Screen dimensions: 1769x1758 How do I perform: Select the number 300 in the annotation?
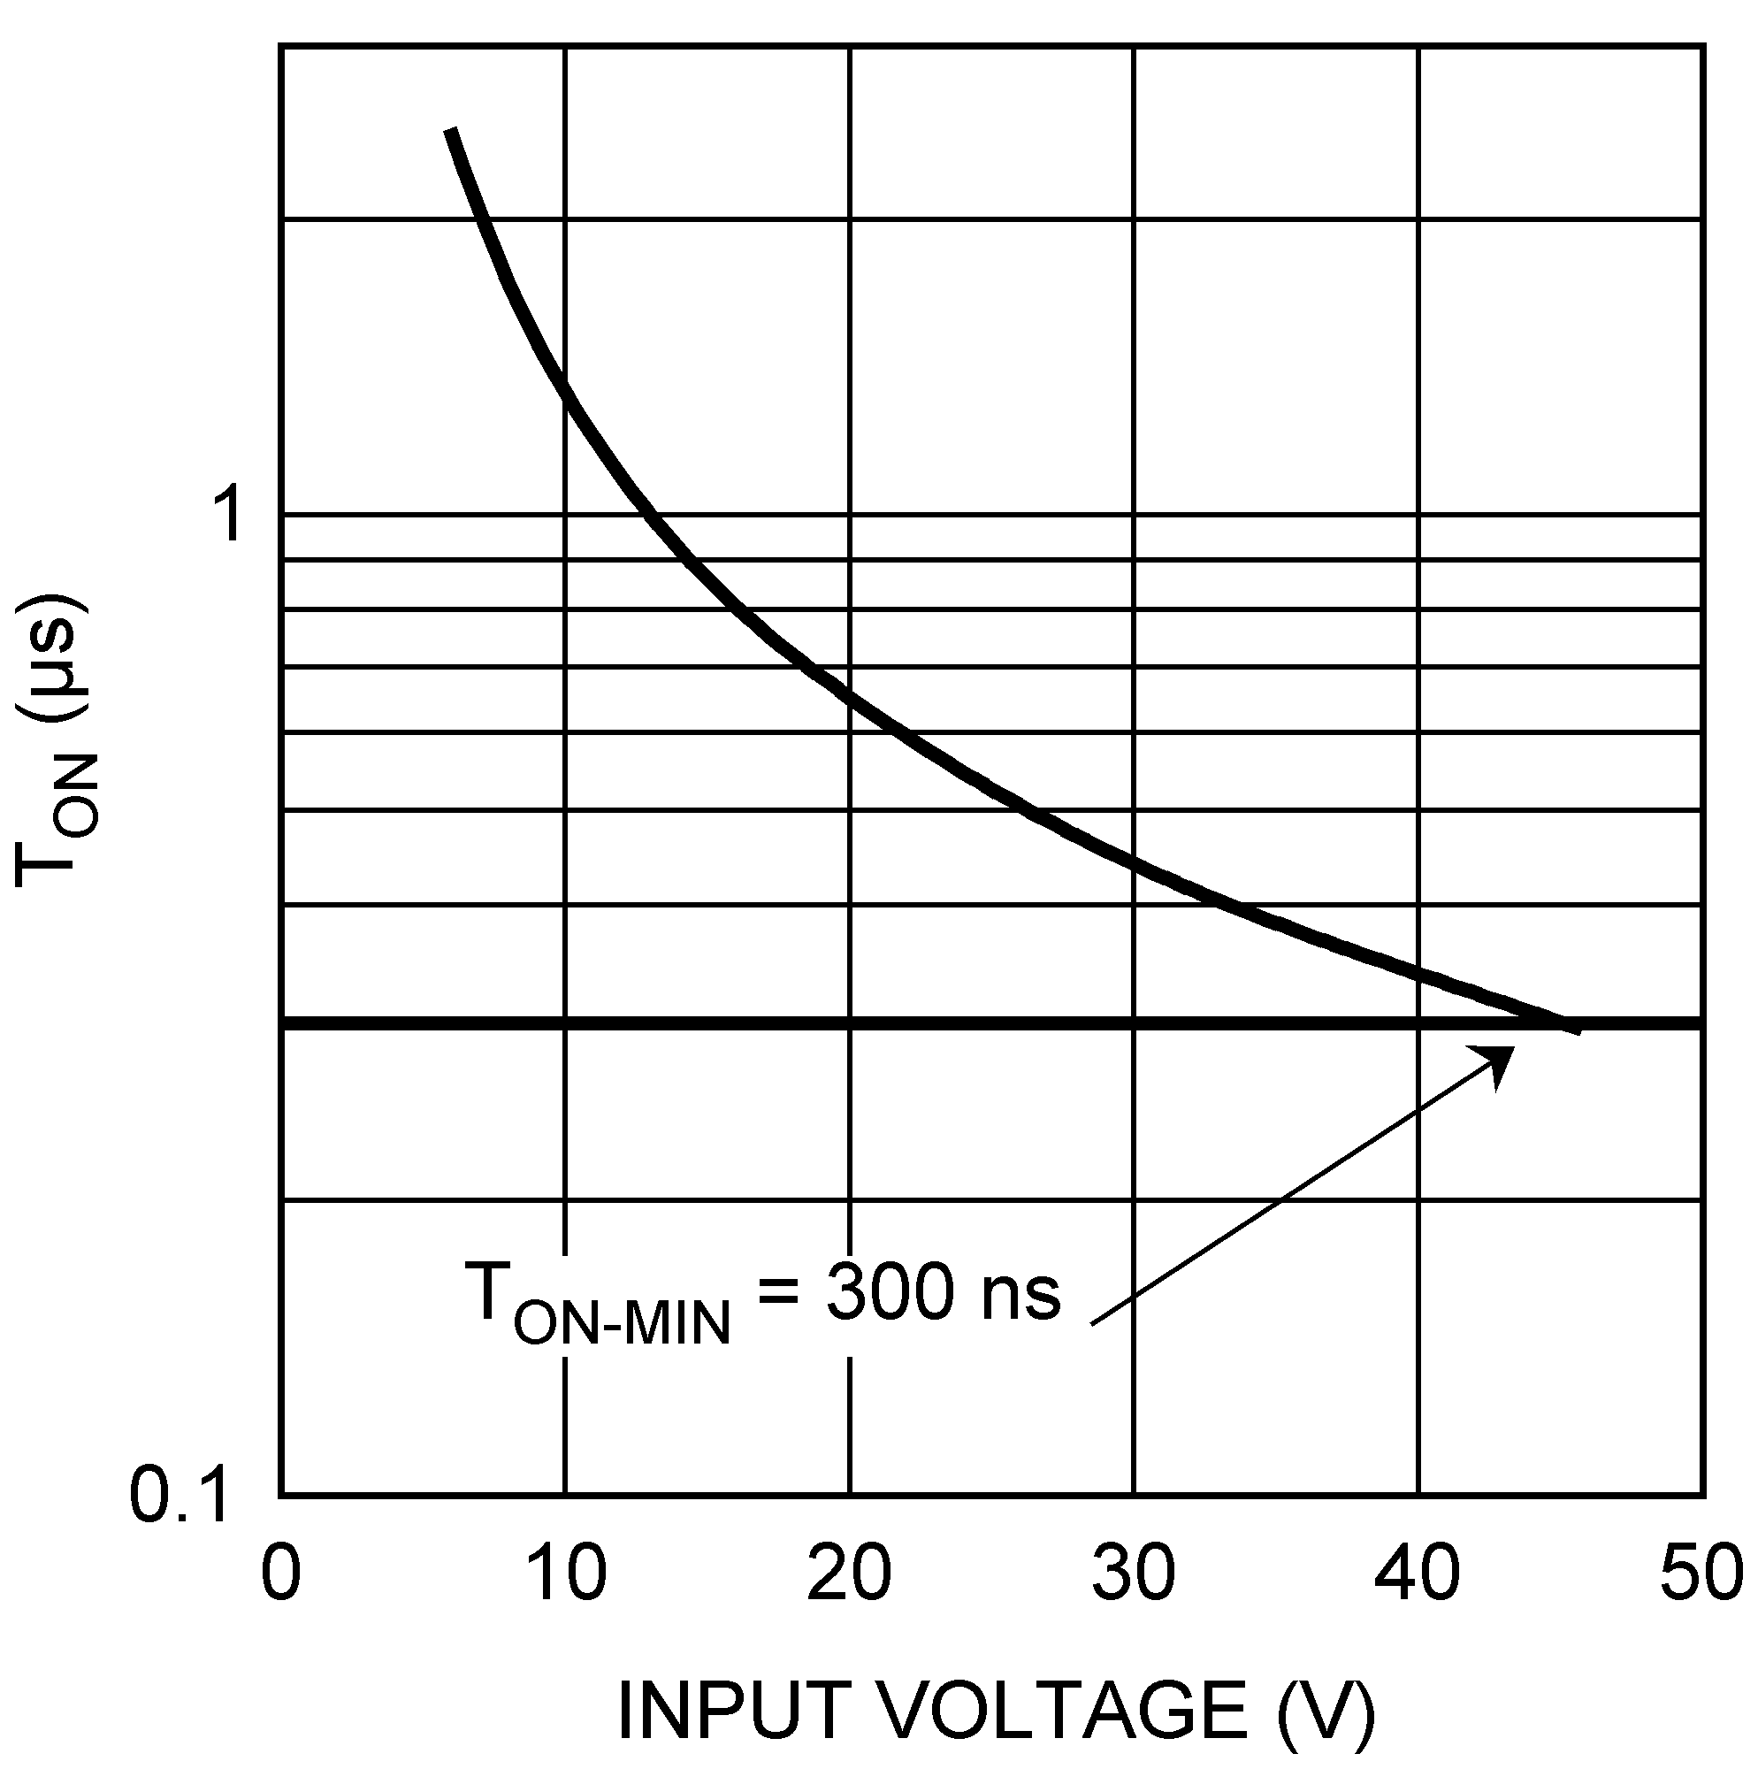point(888,1293)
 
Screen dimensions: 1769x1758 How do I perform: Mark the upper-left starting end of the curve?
point(449,131)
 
